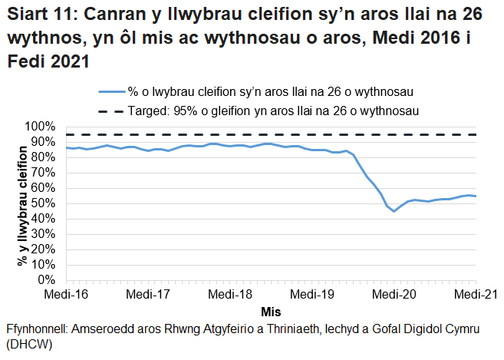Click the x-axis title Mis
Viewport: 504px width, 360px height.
pos(270,311)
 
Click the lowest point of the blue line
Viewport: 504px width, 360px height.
pos(394,211)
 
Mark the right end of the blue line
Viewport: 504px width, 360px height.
pos(476,197)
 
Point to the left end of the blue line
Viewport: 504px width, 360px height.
pos(66,147)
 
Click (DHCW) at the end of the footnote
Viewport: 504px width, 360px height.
pos(25,345)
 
